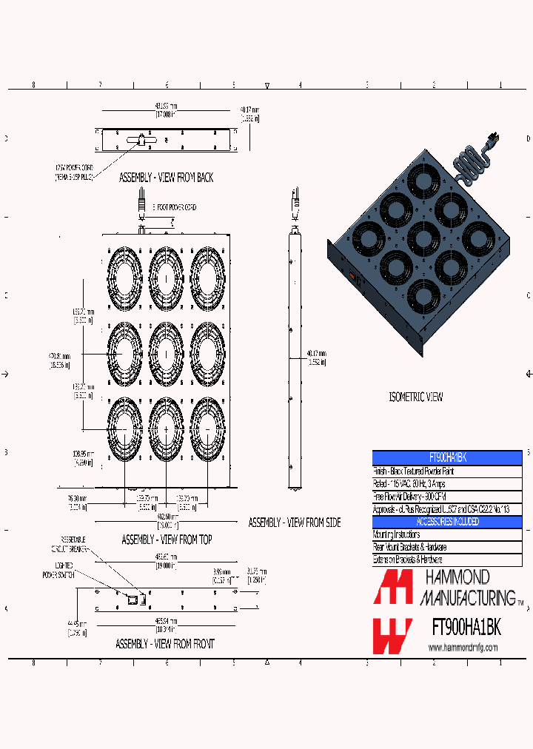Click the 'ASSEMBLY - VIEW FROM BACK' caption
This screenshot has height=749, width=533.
pyautogui.click(x=166, y=178)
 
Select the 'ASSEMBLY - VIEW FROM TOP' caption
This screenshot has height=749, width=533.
pyautogui.click(x=167, y=540)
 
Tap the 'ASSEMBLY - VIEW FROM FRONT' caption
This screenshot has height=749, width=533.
pyautogui.click(x=164, y=645)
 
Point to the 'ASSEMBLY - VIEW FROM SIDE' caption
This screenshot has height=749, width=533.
pyautogui.click(x=295, y=523)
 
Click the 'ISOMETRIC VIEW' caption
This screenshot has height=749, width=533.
pyautogui.click(x=415, y=397)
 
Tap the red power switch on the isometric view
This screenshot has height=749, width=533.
pyautogui.click(x=352, y=279)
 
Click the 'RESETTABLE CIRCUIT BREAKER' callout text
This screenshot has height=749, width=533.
pyautogui.click(x=69, y=544)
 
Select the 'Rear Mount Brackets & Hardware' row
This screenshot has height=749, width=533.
pyautogui.click(x=418, y=547)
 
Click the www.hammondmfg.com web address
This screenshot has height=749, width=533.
pyautogui.click(x=463, y=648)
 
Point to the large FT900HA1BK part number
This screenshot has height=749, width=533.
pyautogui.click(x=466, y=628)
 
